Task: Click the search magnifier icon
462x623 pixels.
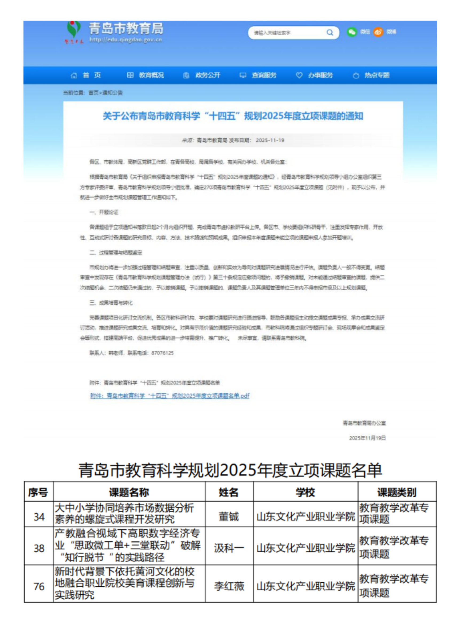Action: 330,32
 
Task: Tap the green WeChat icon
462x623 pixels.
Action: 352,32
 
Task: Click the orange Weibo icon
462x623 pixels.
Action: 378,32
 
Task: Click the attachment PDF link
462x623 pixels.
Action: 170,396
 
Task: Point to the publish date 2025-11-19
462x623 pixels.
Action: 270,140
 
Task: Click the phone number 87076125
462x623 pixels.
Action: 162,353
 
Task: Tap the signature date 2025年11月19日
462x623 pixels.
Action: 367,438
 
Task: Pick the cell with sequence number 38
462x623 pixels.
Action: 39,548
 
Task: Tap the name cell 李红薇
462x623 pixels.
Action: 229,586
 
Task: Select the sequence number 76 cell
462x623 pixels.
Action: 39,586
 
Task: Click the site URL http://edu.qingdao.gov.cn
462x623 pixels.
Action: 126,40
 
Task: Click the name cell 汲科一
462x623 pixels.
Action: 229,548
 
